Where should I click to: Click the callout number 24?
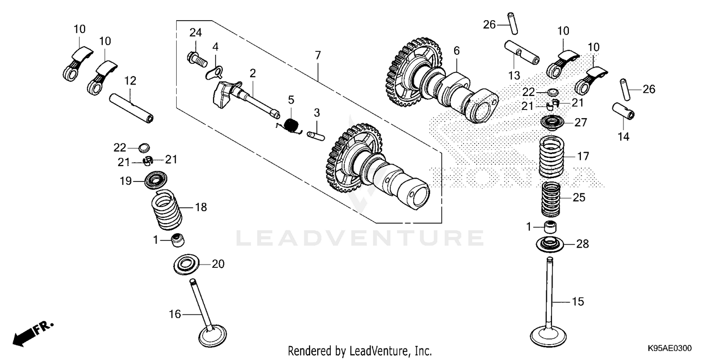click(x=195, y=33)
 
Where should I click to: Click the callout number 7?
click(x=317, y=55)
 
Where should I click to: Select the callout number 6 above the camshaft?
click(x=456, y=50)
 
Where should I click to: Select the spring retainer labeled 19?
click(x=157, y=181)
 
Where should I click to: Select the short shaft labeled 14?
click(x=624, y=112)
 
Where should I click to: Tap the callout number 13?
click(x=514, y=75)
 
